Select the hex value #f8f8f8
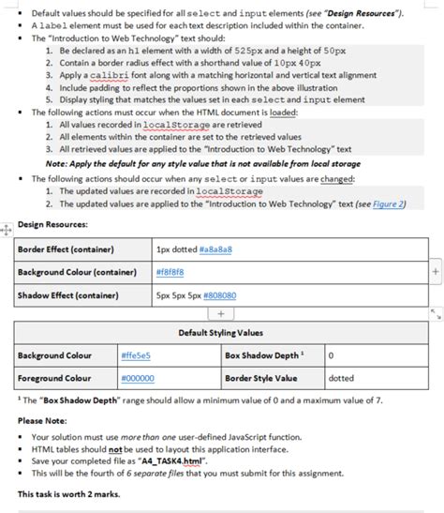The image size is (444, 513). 170,272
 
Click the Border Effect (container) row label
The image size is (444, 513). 66,250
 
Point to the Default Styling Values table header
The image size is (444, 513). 221,333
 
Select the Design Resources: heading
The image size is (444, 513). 53,225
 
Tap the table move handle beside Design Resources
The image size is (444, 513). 7,227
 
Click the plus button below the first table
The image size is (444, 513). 221,313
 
